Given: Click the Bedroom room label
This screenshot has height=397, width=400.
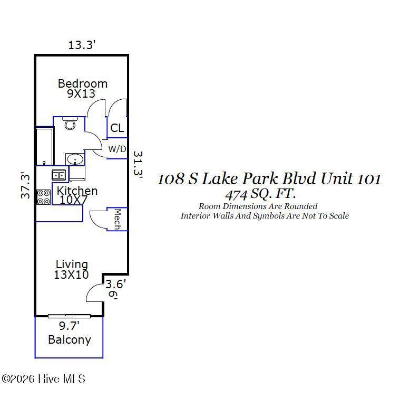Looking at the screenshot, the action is (x=83, y=84).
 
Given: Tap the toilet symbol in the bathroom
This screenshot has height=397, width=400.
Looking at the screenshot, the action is (x=70, y=123).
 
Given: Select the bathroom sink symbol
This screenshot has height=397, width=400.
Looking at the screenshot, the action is (x=75, y=159).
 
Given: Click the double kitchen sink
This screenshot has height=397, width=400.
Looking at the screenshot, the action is (x=59, y=175).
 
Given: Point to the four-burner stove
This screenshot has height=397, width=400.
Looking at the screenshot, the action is (x=44, y=197).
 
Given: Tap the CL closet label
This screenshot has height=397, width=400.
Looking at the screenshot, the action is (x=117, y=128).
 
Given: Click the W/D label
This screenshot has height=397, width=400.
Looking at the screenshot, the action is (x=117, y=149).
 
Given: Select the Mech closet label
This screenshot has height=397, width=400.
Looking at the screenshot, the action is (x=117, y=219).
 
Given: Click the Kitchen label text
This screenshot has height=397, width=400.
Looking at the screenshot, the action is (x=77, y=191).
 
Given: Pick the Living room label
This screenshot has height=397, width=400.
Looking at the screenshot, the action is (x=72, y=264).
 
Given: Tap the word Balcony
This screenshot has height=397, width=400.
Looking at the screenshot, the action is (x=70, y=340).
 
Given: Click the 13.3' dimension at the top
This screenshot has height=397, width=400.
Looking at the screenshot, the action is (x=82, y=45).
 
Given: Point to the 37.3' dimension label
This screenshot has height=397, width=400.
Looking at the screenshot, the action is (x=25, y=186).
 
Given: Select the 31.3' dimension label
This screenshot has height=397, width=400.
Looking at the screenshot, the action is (x=138, y=164).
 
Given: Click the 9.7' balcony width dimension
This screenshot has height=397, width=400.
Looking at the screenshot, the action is (x=69, y=326).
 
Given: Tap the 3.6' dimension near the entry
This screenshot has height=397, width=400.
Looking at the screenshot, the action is (x=115, y=284).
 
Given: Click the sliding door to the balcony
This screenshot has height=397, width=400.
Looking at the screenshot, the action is (x=69, y=316).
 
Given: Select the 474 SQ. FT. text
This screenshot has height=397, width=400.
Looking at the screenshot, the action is (x=260, y=195).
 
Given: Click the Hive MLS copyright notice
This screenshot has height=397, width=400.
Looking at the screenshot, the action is (x=43, y=379).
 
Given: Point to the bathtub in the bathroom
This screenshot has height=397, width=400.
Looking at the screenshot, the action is (x=45, y=146).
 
